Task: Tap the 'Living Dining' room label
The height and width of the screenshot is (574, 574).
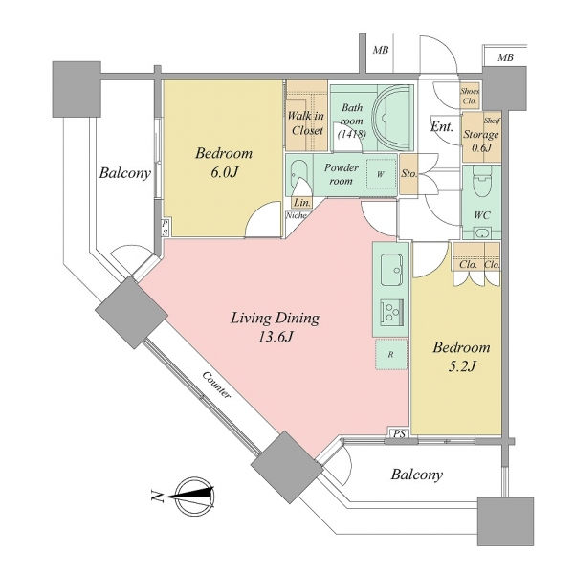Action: (x=274, y=319)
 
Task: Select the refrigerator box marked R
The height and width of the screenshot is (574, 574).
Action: (x=390, y=353)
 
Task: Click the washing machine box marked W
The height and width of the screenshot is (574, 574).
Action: (x=380, y=175)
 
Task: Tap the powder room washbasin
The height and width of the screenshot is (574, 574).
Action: (x=299, y=176)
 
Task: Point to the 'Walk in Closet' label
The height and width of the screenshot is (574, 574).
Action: (x=306, y=123)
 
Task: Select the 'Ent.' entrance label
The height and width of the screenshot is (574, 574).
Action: (x=441, y=127)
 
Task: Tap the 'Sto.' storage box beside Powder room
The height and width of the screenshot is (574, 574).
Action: (x=408, y=174)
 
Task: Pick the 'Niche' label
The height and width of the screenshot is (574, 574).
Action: (x=296, y=216)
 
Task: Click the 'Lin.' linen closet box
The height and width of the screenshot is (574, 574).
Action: (x=300, y=202)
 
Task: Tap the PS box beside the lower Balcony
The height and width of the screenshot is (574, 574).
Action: (x=397, y=434)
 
